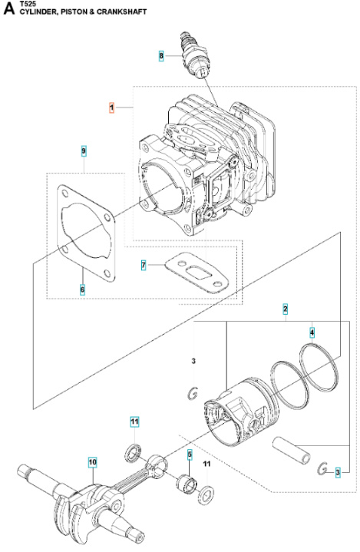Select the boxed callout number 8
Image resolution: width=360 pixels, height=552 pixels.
[161, 56]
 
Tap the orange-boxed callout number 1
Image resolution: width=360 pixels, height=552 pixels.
[111, 109]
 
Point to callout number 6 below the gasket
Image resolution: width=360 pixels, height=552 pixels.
[83, 289]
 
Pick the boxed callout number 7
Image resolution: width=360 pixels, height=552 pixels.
[143, 266]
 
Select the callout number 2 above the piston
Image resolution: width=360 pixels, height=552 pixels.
[286, 309]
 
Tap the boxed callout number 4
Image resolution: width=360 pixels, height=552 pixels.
[312, 332]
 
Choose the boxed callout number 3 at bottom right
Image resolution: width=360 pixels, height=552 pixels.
[337, 471]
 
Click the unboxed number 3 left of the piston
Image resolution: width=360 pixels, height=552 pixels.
[193, 361]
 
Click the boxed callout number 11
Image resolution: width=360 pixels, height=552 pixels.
[134, 422]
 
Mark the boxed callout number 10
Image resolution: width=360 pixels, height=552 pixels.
[92, 462]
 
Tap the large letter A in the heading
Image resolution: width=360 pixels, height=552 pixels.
[8, 9]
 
